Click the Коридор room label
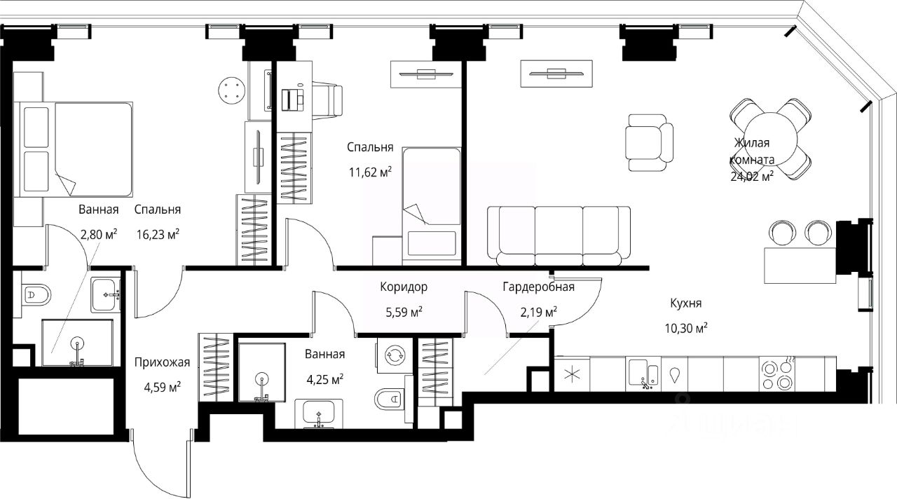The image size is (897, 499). [404, 287]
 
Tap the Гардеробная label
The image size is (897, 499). [539, 287]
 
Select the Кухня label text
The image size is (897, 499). [686, 303]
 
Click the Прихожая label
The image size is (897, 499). [162, 362]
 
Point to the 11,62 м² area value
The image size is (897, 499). [370, 172]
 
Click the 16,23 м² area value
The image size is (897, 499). [158, 234]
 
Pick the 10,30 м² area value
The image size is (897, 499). [686, 329]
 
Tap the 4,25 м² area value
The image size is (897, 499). [324, 379]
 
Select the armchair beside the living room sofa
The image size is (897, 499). [649, 142]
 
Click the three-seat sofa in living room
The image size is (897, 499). [559, 236]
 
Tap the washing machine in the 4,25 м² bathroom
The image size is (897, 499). [395, 355]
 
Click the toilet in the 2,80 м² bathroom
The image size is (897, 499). [35, 296]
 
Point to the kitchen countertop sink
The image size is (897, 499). [643, 374]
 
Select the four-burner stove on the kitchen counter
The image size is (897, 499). [777, 374]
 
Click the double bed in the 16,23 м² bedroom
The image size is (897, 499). [73, 149]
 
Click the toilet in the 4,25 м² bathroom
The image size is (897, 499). [388, 399]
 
